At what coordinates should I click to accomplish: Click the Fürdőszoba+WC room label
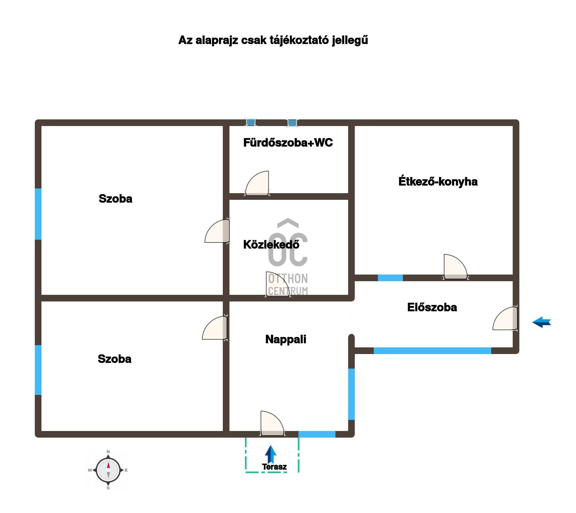point(288,143)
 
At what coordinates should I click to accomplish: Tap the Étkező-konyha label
point(438,181)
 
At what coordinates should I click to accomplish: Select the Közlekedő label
point(271,244)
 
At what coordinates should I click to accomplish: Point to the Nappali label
point(286,339)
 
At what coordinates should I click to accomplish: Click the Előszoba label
point(432,307)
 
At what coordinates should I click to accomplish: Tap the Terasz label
point(274,467)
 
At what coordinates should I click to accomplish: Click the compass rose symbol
point(108,470)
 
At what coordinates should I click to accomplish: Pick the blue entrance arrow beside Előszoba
point(542,322)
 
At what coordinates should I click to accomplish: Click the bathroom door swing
point(257,183)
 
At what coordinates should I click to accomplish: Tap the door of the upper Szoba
point(217,231)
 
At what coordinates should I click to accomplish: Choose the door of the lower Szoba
point(215,328)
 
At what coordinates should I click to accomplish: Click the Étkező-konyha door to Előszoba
point(455,267)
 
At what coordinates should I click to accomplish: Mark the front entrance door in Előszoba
point(505,318)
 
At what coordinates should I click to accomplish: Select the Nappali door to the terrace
point(272,423)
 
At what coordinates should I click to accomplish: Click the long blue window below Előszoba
point(432,351)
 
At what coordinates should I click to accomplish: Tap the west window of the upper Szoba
point(38,214)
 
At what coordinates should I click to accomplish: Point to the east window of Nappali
point(351,394)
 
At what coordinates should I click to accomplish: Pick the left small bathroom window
point(251,122)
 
